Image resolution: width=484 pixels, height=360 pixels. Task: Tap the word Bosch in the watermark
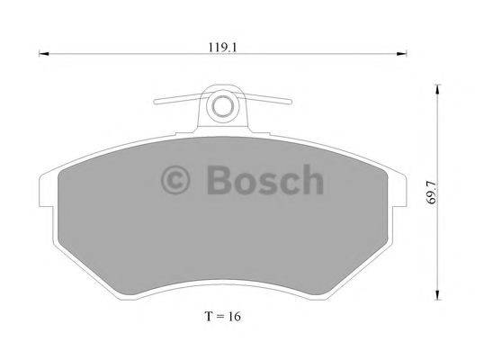[x=264, y=181]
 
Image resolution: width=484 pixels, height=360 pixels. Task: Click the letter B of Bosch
[x=220, y=181]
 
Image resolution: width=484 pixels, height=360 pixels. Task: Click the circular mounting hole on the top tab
[x=220, y=107]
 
